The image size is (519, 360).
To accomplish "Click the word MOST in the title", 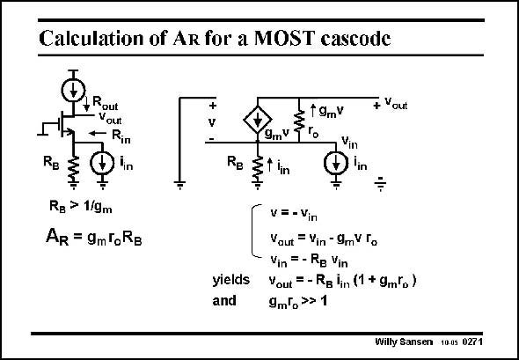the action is click(x=283, y=38).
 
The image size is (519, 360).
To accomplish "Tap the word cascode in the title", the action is click(x=355, y=39).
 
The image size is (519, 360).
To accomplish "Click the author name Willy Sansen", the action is click(x=404, y=342).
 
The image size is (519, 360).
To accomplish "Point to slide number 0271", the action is click(x=472, y=342).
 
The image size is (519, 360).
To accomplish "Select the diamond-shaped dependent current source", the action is click(x=258, y=120).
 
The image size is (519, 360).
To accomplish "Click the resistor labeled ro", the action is click(x=299, y=121).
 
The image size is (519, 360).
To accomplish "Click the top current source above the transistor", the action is click(x=73, y=90).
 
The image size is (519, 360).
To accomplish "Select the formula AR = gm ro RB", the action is click(x=93, y=237).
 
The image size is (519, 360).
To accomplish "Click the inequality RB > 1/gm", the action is click(x=80, y=207).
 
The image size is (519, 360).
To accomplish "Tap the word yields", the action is click(x=231, y=280).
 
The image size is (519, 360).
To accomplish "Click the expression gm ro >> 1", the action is click(x=298, y=302).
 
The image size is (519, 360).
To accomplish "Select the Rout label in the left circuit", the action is click(x=105, y=103).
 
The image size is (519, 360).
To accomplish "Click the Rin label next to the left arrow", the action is click(x=121, y=136).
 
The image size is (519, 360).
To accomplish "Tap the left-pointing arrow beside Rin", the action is click(x=98, y=133).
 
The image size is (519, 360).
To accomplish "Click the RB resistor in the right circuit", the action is click(x=257, y=168).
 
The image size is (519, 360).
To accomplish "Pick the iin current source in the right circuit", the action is click(x=336, y=163).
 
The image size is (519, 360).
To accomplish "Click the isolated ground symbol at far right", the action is click(x=381, y=183).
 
